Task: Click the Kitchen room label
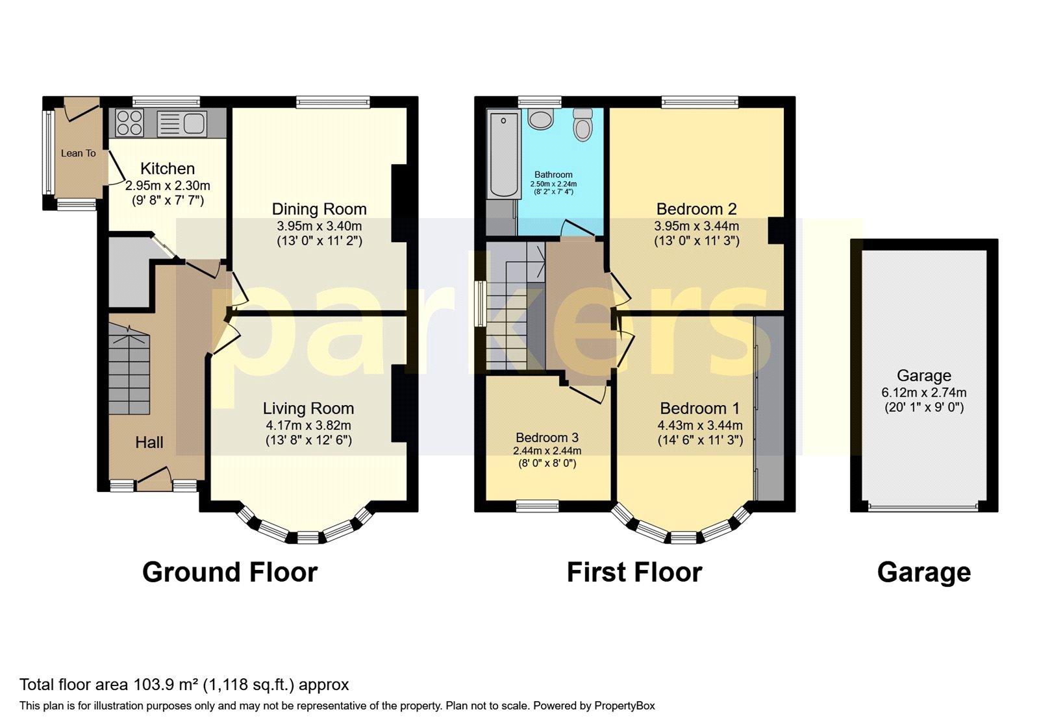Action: tap(168, 168)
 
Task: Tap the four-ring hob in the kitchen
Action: tap(129, 123)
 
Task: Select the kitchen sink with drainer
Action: tap(182, 124)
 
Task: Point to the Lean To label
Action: tap(79, 153)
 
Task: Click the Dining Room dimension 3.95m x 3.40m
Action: tap(319, 227)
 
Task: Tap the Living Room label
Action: tap(308, 408)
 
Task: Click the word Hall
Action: tap(149, 442)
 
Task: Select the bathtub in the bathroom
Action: tap(503, 153)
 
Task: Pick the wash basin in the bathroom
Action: tap(540, 119)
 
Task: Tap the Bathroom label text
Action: tap(553, 175)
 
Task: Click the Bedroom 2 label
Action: tap(696, 209)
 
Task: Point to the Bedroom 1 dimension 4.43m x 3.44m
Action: tap(700, 425)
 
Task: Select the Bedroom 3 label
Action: tap(547, 437)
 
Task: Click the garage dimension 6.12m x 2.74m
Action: tap(924, 393)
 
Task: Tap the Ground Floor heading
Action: tap(230, 572)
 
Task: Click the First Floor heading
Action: tap(634, 572)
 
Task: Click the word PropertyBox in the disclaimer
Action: tap(624, 706)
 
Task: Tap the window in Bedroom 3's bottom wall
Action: tap(538, 506)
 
